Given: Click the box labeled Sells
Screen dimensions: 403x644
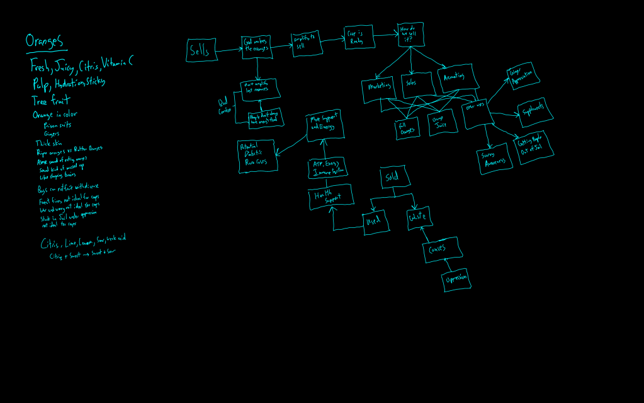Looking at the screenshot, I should point(201,50).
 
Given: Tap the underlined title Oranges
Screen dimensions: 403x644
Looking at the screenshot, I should point(44,42).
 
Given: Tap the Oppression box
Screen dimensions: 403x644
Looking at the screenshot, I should point(456,280).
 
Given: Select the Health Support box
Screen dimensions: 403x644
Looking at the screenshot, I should point(330,198).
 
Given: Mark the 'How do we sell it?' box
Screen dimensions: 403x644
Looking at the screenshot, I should point(410,35).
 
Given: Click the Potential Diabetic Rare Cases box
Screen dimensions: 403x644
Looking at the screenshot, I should point(256,156).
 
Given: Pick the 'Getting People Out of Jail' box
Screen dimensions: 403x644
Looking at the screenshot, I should point(534,147).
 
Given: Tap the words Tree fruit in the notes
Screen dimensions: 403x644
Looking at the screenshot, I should point(50,101).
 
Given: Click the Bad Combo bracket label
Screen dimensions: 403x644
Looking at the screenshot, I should point(224,106).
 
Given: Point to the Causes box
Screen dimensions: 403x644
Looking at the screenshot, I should point(443,249).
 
